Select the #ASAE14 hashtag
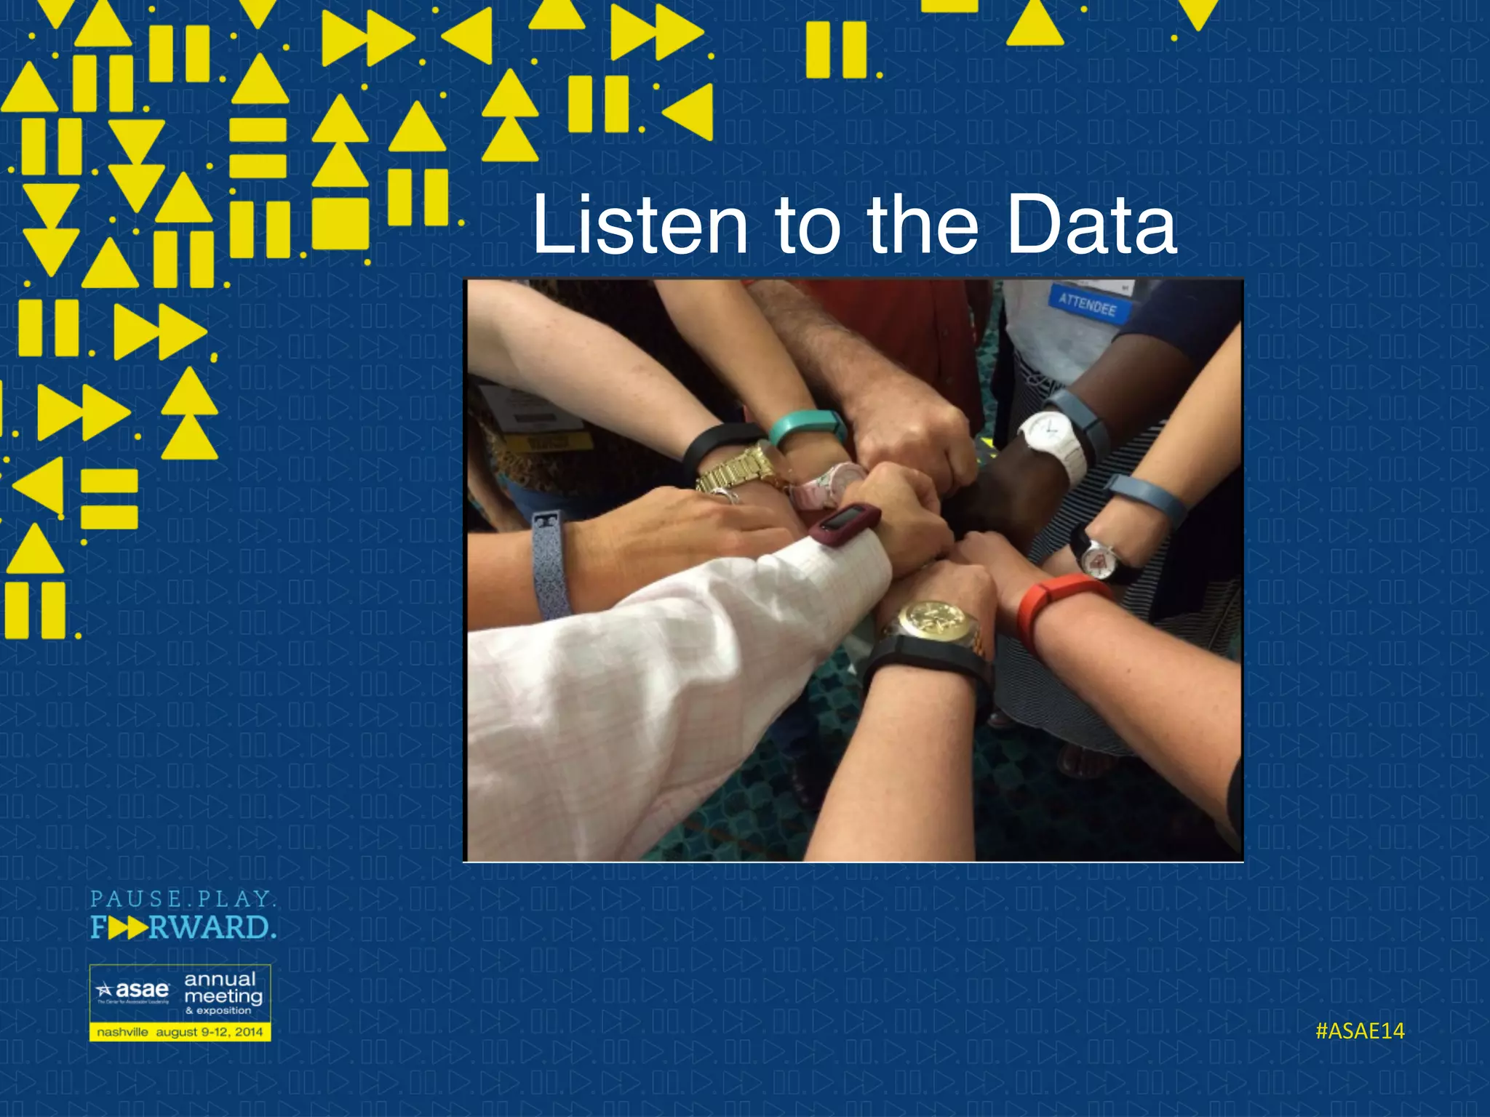pyautogui.click(x=1360, y=1031)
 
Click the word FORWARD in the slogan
pyautogui.click(x=183, y=928)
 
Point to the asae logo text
pyautogui.click(x=141, y=990)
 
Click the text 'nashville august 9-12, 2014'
pyautogui.click(x=180, y=1032)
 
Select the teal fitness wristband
pyautogui.click(x=806, y=427)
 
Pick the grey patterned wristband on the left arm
pyautogui.click(x=550, y=564)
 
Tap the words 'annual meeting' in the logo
pyautogui.click(x=222, y=988)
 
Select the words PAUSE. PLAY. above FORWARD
pyautogui.click(x=183, y=900)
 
